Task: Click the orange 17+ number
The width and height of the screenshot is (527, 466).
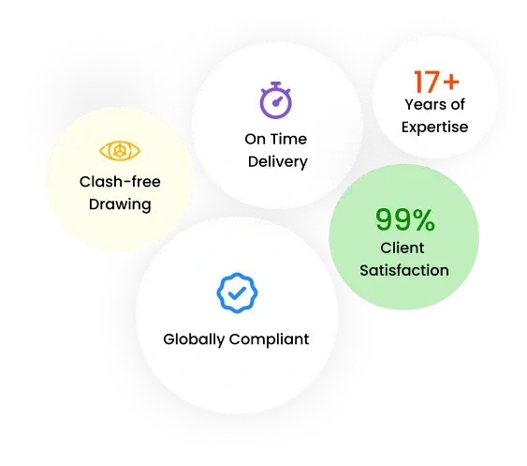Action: tap(436, 82)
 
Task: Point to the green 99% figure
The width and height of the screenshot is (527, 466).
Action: tap(405, 219)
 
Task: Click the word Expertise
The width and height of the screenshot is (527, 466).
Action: tap(434, 128)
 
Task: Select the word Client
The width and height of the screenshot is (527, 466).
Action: tap(402, 248)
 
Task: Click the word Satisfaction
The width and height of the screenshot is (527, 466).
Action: tap(404, 270)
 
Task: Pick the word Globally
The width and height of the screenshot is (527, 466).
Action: tap(194, 339)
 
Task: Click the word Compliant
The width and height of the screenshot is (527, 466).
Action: tap(269, 339)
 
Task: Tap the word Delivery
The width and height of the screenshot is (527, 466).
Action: tap(278, 162)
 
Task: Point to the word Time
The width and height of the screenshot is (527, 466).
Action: tap(288, 139)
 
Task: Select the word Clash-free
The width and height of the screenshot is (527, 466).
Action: tap(120, 182)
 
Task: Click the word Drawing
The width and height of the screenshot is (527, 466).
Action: tap(120, 204)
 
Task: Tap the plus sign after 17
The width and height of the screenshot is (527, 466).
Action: tap(451, 82)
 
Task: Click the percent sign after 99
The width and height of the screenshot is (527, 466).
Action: tap(424, 219)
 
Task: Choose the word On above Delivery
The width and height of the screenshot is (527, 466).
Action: tap(255, 139)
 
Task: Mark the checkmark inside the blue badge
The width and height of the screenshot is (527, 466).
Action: tap(237, 293)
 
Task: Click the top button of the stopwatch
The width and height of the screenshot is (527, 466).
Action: tap(275, 83)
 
